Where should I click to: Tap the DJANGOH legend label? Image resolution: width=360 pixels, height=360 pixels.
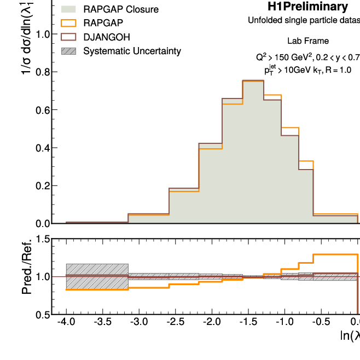click(x=109, y=37)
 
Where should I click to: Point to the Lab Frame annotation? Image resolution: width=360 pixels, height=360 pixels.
click(x=308, y=42)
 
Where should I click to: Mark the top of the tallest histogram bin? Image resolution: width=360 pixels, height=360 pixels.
click(x=253, y=80)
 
